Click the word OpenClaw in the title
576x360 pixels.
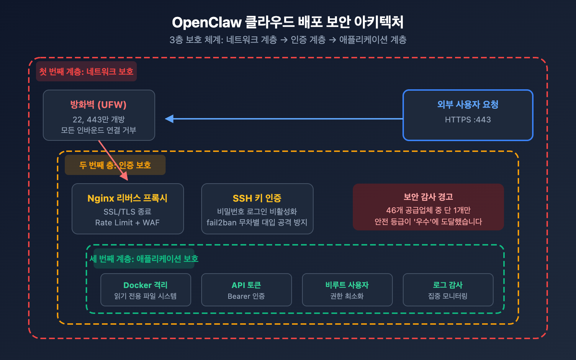207,23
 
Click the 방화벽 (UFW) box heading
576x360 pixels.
98,105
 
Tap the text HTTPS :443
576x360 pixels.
468,120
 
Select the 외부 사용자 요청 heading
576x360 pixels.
468,104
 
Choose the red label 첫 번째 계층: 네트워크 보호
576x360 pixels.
86,72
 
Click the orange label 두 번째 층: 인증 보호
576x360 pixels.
115,165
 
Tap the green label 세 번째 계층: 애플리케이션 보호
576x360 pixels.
144,259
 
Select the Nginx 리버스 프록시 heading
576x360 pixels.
127,198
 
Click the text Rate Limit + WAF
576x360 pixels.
127,223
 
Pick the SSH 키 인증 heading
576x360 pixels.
257,198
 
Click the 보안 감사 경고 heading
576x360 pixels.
428,197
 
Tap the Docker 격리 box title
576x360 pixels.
145,285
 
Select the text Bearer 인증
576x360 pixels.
246,296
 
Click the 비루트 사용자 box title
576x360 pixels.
347,285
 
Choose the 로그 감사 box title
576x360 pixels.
448,285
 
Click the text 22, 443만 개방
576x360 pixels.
99,120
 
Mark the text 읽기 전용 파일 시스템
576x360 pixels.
145,296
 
